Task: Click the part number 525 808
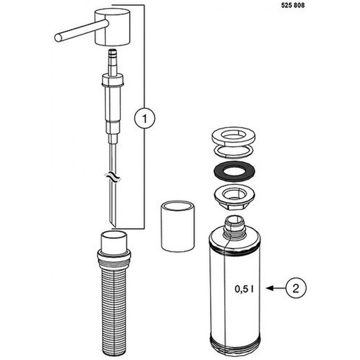click(x=293, y=5)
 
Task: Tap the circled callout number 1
click(x=144, y=118)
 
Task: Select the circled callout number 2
click(x=296, y=288)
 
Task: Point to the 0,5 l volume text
click(x=244, y=289)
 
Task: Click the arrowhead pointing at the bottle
click(x=269, y=288)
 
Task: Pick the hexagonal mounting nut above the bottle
click(x=234, y=197)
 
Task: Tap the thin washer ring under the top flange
click(x=234, y=152)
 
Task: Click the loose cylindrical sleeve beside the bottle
click(x=178, y=227)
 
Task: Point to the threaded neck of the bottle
click(x=234, y=227)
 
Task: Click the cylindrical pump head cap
click(x=112, y=27)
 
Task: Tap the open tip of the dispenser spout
click(x=58, y=38)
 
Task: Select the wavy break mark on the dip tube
click(x=112, y=177)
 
